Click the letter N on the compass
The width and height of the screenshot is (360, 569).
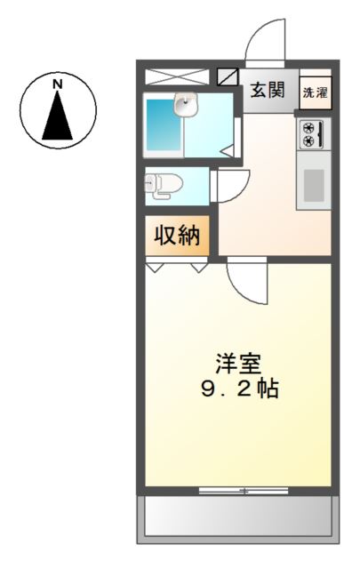pos(58,85)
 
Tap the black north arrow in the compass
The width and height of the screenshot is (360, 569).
pos(58,116)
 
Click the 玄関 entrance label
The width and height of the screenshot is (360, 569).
pos(267,90)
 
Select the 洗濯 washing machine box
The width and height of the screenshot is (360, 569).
pos(314,92)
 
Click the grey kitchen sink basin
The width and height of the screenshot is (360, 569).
pos(314,185)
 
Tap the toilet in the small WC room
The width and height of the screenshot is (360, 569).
pos(164,184)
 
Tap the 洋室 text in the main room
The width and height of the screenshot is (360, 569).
pos(237,364)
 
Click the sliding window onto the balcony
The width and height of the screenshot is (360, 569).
pos(238,490)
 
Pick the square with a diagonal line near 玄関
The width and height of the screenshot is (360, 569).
pos(228,77)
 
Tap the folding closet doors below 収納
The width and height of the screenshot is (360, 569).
pos(178,264)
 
